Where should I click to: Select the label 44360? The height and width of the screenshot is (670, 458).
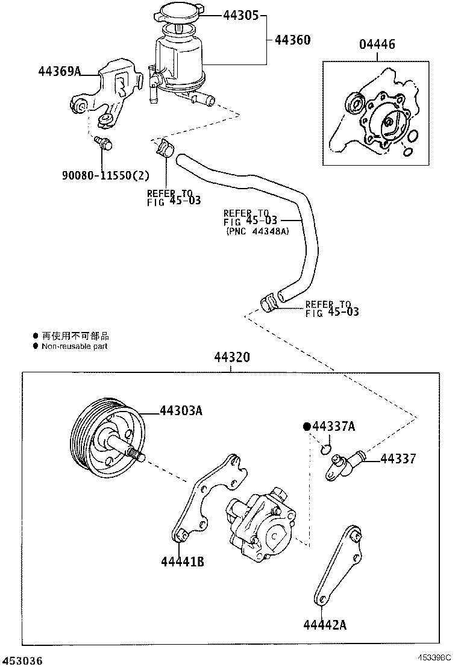pos(292,40)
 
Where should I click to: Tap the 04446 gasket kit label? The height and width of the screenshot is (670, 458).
pos(377,44)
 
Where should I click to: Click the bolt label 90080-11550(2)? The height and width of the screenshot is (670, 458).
pos(105,175)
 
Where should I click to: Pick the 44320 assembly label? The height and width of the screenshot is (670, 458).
pos(231,358)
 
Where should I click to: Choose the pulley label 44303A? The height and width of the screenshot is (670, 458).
pos(180,412)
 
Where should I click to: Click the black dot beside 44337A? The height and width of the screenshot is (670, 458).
pos(306,427)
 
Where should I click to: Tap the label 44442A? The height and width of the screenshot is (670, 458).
pos(325,624)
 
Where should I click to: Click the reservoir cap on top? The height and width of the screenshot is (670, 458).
pos(179,15)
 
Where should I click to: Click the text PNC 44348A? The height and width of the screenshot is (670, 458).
pos(258,231)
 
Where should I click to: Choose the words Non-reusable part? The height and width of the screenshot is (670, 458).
pos(74,346)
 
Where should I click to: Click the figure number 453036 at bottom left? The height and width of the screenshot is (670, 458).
pos(22,661)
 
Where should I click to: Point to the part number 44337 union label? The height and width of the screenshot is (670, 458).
pos(398,459)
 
